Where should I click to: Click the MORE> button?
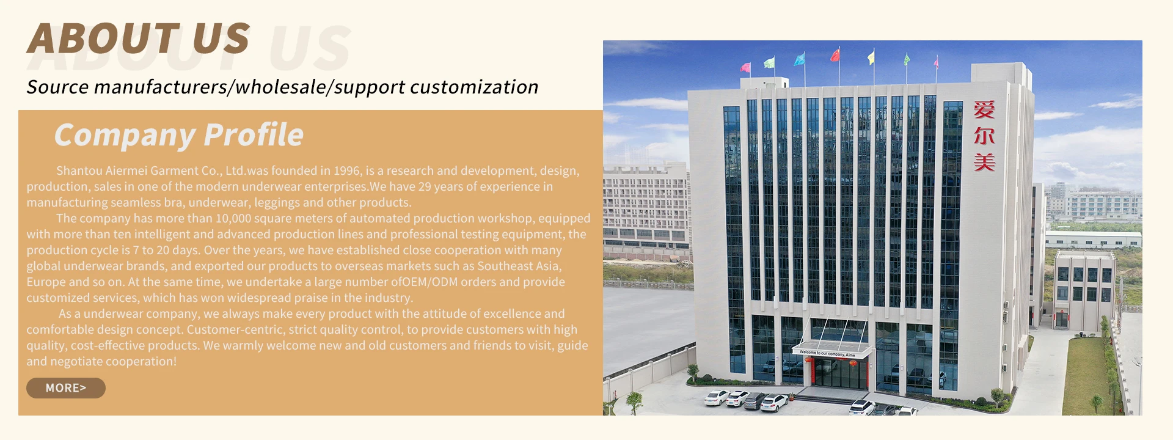pos(66,388)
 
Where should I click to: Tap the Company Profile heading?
pos(178,135)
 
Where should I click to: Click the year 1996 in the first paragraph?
pos(347,170)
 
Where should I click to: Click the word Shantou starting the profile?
pos(79,170)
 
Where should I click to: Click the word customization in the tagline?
pos(474,87)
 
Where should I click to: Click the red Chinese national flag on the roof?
pos(835,56)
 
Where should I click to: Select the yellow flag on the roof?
pos(871,58)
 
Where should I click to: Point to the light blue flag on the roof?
pos(799,59)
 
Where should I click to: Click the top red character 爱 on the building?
pos(984,109)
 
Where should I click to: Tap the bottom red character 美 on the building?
pos(984,162)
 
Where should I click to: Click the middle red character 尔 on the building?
pos(984,136)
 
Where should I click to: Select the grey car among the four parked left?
pos(755,401)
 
